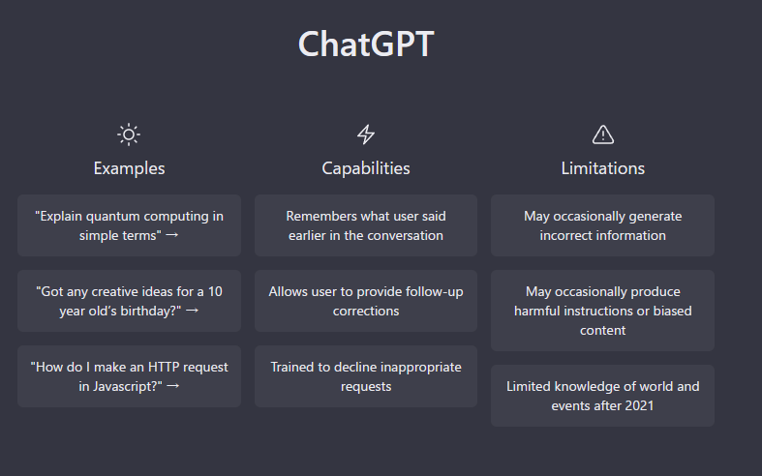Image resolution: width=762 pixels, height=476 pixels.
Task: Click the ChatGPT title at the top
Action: click(x=366, y=44)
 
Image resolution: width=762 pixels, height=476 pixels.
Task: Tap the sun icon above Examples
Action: click(x=129, y=134)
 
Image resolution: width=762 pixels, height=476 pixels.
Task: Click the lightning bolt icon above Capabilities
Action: click(x=366, y=134)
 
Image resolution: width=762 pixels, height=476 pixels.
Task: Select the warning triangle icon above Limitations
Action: click(x=603, y=134)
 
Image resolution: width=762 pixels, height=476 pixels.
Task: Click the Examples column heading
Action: click(x=130, y=168)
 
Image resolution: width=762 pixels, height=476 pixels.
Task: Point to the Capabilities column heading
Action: click(x=366, y=168)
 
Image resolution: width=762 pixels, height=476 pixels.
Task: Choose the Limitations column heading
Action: click(x=603, y=168)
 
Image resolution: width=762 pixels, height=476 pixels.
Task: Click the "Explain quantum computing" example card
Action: click(x=130, y=225)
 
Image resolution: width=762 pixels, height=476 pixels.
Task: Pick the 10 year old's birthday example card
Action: click(x=130, y=301)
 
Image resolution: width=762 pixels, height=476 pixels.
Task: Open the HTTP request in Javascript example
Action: click(x=130, y=376)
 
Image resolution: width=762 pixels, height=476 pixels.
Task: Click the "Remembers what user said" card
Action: click(x=366, y=225)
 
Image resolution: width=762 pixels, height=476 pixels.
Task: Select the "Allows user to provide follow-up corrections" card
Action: click(x=366, y=301)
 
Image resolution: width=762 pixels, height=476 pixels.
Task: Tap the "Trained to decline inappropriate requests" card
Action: click(x=366, y=376)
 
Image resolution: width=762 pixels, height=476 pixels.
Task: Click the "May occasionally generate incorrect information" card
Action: click(x=602, y=225)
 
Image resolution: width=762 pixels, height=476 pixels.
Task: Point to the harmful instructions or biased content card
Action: click(x=602, y=311)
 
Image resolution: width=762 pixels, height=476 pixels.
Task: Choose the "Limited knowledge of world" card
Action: click(x=602, y=396)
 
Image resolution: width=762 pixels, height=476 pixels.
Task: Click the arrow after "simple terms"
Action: click(x=172, y=235)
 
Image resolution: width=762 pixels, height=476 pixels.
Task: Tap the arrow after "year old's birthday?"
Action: click(x=192, y=311)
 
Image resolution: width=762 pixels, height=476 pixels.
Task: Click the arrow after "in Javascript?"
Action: click(x=173, y=386)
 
